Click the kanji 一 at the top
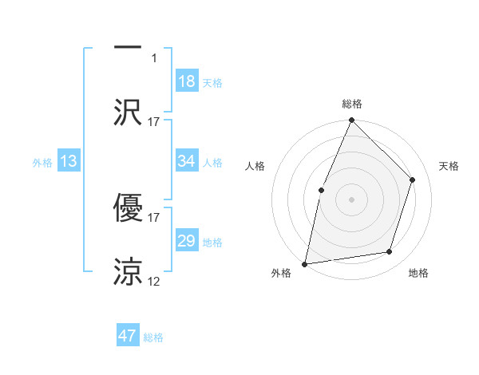[128, 47]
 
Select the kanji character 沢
[128, 112]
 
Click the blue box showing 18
[186, 81]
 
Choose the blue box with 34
[186, 161]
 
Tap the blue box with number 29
[186, 241]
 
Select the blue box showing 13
[69, 162]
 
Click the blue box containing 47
[128, 336]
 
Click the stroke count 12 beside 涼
[154, 281]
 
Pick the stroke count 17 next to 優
[154, 216]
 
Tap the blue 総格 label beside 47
[153, 337]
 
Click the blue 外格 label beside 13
[42, 163]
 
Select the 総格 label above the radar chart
[351, 105]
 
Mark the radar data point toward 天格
[413, 180]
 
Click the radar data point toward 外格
[305, 263]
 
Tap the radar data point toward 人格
[321, 190]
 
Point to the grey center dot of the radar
[351, 199]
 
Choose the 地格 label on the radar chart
[418, 274]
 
